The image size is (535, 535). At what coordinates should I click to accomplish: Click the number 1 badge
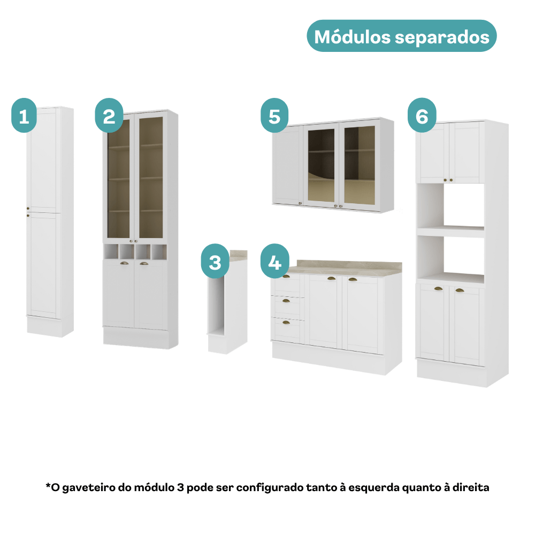[24, 116]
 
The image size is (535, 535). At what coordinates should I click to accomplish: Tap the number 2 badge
[109, 116]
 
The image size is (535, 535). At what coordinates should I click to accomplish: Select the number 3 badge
[215, 261]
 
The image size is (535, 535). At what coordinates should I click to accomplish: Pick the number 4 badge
[274, 261]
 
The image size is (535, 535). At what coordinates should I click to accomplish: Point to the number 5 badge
[274, 116]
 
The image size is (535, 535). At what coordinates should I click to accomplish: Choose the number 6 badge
[422, 116]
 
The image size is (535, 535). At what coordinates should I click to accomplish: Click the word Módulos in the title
[352, 37]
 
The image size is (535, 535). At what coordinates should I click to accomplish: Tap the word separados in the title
[442, 37]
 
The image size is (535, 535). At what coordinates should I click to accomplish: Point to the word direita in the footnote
[471, 487]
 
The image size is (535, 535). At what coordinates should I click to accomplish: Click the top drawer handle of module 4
[286, 276]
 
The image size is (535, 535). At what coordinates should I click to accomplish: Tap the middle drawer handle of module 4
[286, 301]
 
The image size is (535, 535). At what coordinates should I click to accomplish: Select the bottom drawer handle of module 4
[286, 323]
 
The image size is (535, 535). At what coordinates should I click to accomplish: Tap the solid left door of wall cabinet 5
[288, 165]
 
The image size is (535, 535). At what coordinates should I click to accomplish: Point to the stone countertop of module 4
[345, 269]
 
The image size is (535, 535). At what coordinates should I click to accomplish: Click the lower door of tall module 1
[44, 265]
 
